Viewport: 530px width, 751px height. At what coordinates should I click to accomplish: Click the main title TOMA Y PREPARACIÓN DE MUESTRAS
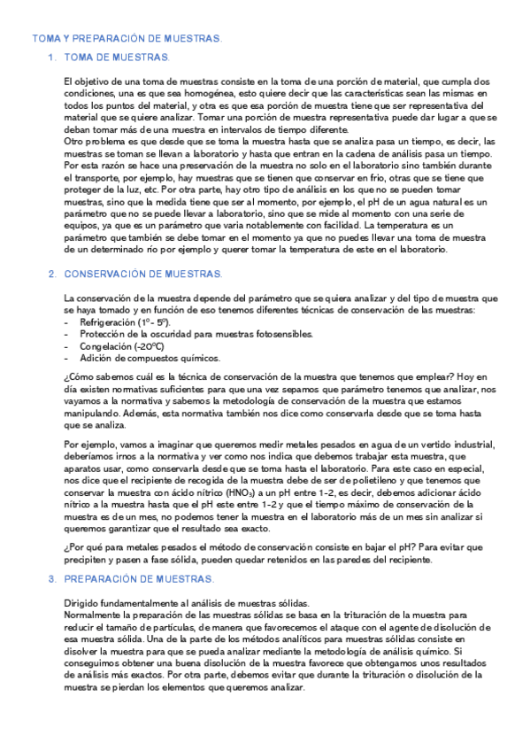(127, 40)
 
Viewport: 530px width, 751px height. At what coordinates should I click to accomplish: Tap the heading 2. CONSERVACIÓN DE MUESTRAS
(136, 274)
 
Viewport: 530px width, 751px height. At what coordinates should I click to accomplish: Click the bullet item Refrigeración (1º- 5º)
(124, 324)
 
